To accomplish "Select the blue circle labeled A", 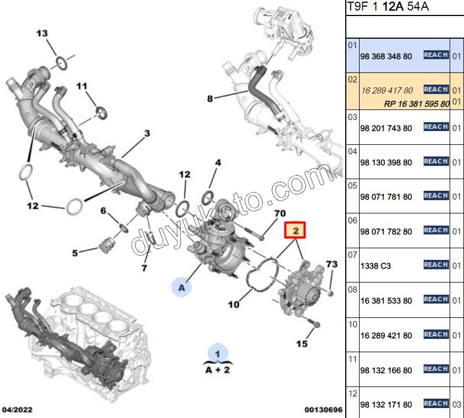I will click(181, 287).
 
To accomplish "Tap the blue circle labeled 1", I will click(217, 353).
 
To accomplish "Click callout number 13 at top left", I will click(43, 34).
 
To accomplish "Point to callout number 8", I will click(210, 100).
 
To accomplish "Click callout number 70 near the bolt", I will click(280, 213).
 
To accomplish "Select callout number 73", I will click(331, 264).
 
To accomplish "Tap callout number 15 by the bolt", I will click(301, 344).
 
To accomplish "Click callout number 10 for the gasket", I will click(234, 304).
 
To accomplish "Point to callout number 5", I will click(75, 254).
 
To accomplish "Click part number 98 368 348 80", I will click(386, 57).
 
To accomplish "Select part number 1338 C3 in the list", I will click(375, 266).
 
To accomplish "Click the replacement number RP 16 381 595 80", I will click(416, 104).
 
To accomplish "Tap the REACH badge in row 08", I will click(435, 299).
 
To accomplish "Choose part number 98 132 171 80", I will click(386, 405).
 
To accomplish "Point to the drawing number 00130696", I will click(324, 410).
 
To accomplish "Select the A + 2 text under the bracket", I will click(217, 370).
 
